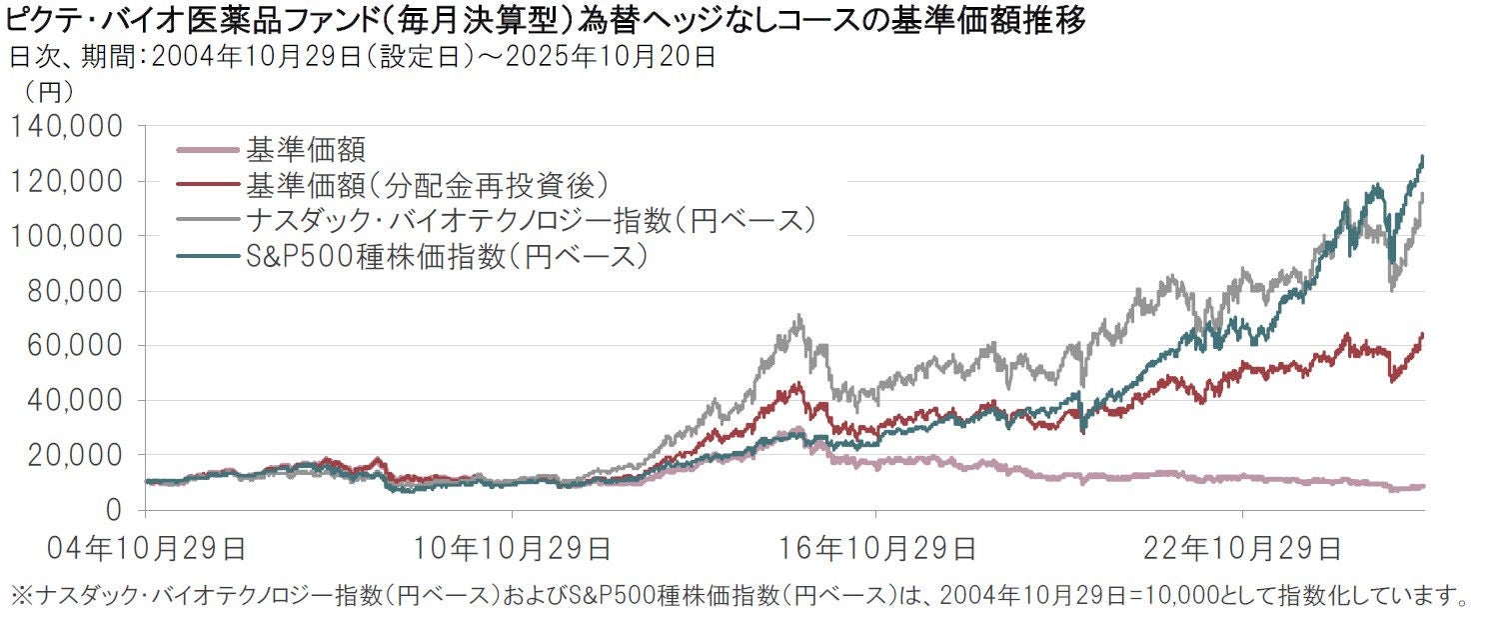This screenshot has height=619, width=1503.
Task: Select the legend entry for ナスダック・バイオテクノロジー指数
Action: coord(531,221)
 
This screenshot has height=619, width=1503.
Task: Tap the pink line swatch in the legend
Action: coord(206,151)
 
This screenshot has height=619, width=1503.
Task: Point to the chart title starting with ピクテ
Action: coord(545,20)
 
